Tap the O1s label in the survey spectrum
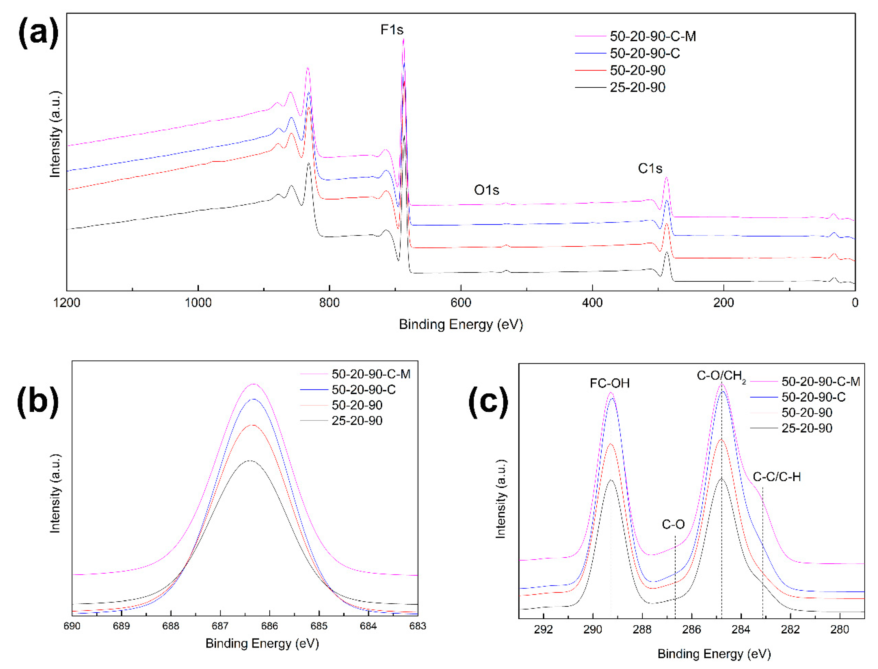pyautogui.click(x=486, y=190)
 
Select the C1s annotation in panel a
pyautogui.click(x=650, y=169)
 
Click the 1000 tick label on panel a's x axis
pyautogui.click(x=198, y=303)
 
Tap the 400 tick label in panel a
pyautogui.click(x=592, y=303)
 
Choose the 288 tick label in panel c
pyautogui.click(x=642, y=630)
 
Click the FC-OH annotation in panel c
pyautogui.click(x=609, y=384)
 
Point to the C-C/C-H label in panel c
pyautogui.click(x=776, y=477)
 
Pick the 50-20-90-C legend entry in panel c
pyautogui.click(x=813, y=397)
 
